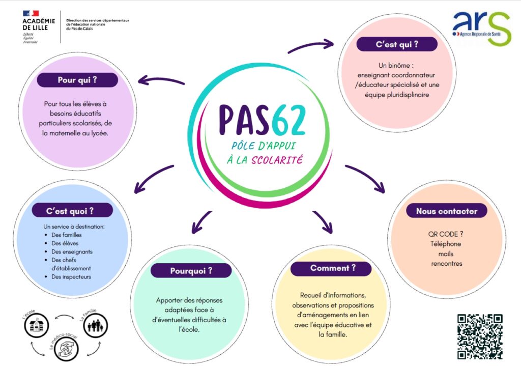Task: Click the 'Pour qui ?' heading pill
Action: pos(77,80)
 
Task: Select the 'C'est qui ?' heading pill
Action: pos(397,44)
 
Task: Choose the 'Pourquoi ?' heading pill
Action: pos(191,271)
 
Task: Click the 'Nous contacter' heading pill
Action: pos(446,211)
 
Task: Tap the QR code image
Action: pos(480,336)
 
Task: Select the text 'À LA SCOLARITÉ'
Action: pos(265,160)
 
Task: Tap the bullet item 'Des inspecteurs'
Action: pos(71,277)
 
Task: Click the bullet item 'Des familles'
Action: pos(66,235)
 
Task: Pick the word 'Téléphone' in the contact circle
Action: pos(445,244)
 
